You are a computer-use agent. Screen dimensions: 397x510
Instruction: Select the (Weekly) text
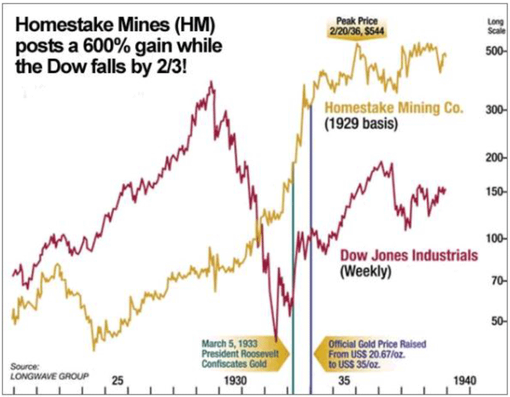365,272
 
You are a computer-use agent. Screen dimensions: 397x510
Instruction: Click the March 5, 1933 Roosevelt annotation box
240,351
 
